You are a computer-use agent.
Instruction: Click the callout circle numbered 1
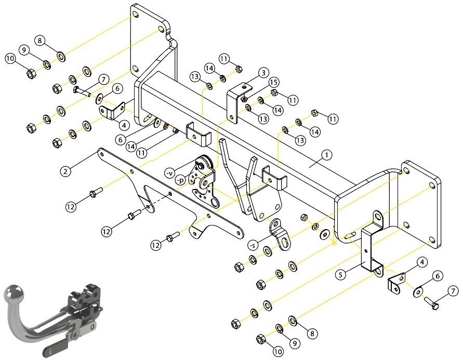click(326, 155)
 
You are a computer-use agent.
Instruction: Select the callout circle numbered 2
click(65, 171)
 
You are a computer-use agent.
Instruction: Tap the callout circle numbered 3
click(263, 73)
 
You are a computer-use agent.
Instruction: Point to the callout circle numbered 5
click(340, 275)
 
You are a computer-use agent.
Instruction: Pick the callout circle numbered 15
click(274, 82)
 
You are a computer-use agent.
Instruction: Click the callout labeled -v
click(170, 173)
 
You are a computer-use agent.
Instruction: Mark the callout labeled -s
click(253, 244)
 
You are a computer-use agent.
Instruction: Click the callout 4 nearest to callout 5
click(422, 262)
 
